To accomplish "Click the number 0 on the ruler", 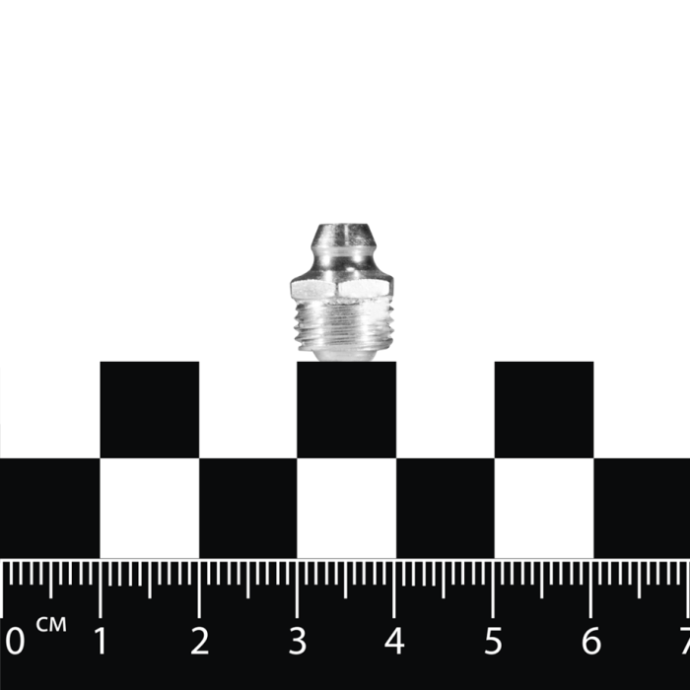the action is [x=15, y=641].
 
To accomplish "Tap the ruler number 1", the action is [x=101, y=641].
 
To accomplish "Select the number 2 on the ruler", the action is [x=199, y=641].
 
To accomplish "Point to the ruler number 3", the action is [x=298, y=641].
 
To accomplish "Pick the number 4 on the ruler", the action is [x=394, y=641].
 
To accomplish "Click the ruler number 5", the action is [x=493, y=641].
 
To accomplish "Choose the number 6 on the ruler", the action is [x=591, y=641].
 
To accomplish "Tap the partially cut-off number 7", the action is [x=685, y=641].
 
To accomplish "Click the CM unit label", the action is [x=51, y=624].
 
